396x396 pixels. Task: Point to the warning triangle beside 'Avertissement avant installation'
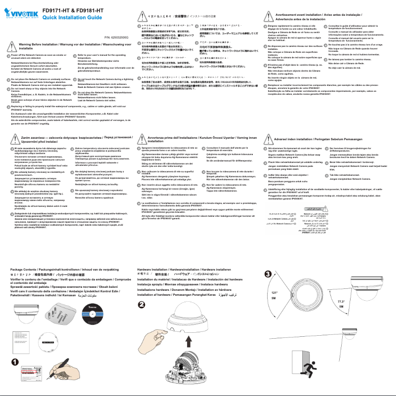coord(269,17)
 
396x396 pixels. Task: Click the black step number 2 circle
coord(142,304)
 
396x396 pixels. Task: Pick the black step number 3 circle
coord(268,275)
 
